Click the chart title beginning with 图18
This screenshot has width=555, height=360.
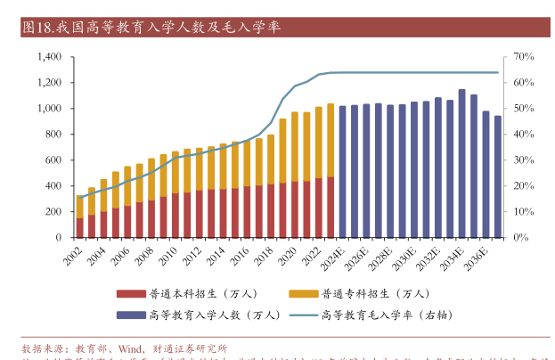coord(151,27)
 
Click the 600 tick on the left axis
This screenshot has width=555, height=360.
coord(54,160)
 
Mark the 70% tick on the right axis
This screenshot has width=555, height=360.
coord(524,57)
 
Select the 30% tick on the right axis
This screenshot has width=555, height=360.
coord(524,160)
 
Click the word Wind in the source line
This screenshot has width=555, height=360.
coord(131,348)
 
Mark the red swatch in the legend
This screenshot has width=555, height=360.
coord(130,293)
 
